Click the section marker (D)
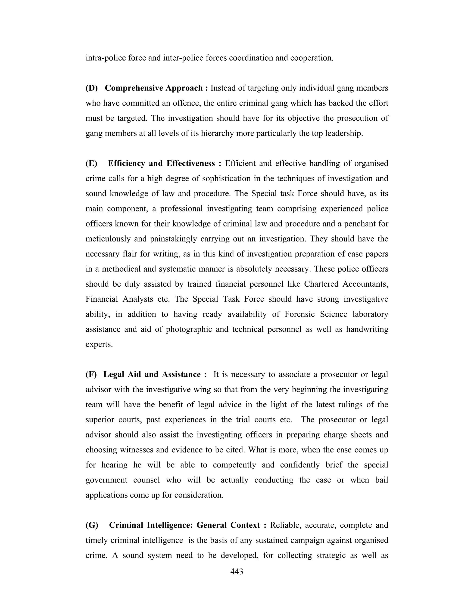pyautogui.click(x=92, y=88)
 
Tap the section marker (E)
pyautogui.click(x=91, y=163)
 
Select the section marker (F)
pyautogui.click(x=91, y=375)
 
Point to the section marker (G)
pyautogui.click(x=92, y=525)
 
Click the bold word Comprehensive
pyautogui.click(x=133, y=88)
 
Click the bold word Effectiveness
pyautogui.click(x=191, y=163)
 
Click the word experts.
pyautogui.click(x=99, y=344)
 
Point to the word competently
pyautogui.click(x=234, y=465)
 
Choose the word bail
pyautogui.click(x=382, y=480)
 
